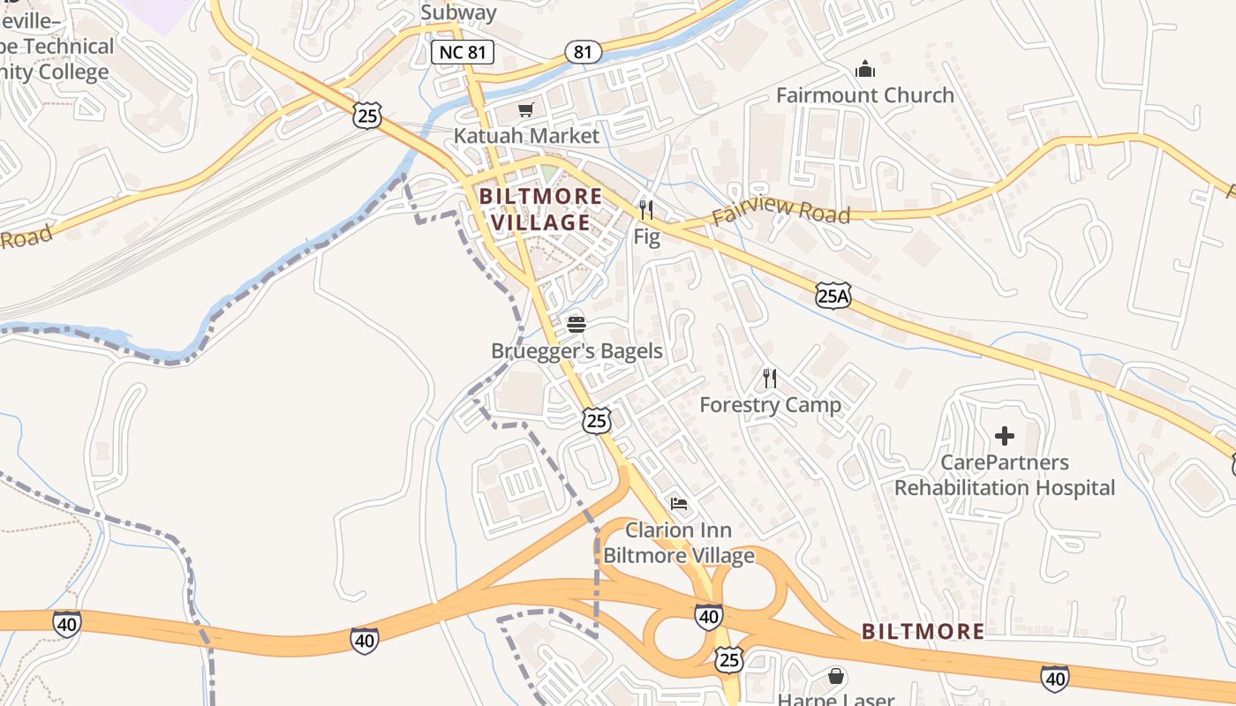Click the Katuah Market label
click(526, 135)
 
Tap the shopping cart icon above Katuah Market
click(526, 110)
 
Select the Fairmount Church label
click(864, 94)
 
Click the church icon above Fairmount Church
click(864, 69)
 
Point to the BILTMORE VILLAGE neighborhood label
click(541, 209)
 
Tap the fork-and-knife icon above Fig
click(646, 210)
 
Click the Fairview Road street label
click(780, 212)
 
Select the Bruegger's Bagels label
click(577, 350)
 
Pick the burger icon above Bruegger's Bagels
click(577, 325)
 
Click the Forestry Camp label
click(770, 404)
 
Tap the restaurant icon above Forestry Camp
click(770, 379)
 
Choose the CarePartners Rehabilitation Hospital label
click(1005, 475)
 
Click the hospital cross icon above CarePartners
click(1005, 436)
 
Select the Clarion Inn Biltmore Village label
click(678, 543)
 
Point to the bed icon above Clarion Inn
click(678, 504)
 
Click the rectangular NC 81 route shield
click(463, 52)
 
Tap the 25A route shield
click(833, 296)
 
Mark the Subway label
click(458, 12)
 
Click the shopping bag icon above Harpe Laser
click(835, 677)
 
